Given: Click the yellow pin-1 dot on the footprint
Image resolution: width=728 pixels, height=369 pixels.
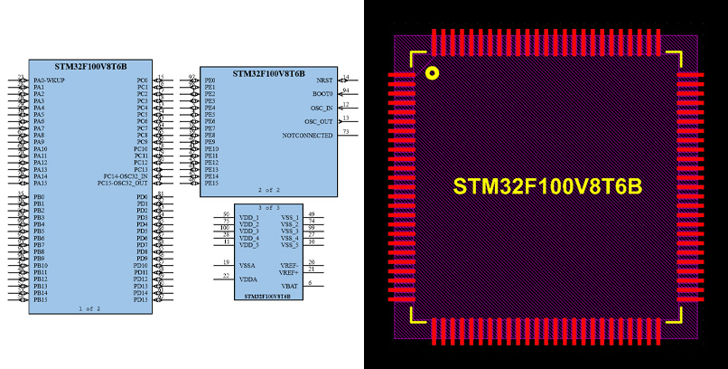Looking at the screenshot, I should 433,73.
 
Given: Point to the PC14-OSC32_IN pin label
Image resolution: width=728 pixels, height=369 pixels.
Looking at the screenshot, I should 126,176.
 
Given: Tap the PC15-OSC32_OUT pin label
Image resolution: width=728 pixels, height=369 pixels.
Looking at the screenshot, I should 123,183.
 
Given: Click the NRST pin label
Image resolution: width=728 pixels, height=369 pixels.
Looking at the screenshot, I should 324,80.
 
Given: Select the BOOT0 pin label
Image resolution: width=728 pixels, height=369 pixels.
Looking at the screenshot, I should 322,94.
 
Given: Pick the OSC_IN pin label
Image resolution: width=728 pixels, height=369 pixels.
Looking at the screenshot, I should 320,108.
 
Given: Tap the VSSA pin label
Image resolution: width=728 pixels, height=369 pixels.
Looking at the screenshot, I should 247,265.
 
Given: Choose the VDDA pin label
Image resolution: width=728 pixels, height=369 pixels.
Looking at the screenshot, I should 247,279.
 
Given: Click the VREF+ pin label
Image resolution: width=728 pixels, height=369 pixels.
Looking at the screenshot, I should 288,271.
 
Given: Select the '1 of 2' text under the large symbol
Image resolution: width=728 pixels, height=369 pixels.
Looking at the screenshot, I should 89,308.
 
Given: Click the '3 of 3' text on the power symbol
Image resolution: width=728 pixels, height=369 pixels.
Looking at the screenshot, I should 268,207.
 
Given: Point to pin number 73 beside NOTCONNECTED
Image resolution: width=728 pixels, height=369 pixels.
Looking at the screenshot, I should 346,131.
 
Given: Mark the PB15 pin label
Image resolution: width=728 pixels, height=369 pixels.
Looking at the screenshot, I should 40,299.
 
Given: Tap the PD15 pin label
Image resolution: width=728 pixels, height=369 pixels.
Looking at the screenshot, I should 141,299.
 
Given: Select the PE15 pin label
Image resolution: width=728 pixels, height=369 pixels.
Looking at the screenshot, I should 210,183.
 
